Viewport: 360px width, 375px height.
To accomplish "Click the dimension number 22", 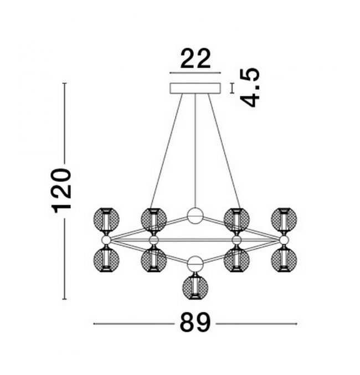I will pyautogui.click(x=196, y=58).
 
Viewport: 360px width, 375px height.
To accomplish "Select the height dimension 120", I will pyautogui.click(x=62, y=191).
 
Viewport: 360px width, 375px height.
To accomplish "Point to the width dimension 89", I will pyautogui.click(x=195, y=322).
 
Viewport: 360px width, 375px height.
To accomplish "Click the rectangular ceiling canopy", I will pyautogui.click(x=195, y=88).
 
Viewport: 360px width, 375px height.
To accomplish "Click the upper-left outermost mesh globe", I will pyautogui.click(x=106, y=220).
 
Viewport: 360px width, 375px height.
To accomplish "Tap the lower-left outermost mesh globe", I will pyautogui.click(x=106, y=258).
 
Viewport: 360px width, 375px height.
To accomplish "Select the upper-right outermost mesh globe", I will pyautogui.click(x=284, y=220).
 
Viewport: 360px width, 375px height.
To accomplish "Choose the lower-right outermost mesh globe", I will pyautogui.click(x=284, y=258).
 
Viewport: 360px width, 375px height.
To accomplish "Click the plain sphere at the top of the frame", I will pyautogui.click(x=196, y=215).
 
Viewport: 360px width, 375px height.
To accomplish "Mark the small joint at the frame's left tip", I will pyautogui.click(x=106, y=239).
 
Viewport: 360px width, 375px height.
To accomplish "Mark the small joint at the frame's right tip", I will pyautogui.click(x=284, y=239).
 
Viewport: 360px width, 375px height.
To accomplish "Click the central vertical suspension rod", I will pyautogui.click(x=196, y=150).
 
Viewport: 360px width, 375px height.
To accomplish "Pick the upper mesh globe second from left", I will pyautogui.click(x=153, y=220).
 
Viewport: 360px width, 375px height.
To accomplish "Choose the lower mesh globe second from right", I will pyautogui.click(x=236, y=258).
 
